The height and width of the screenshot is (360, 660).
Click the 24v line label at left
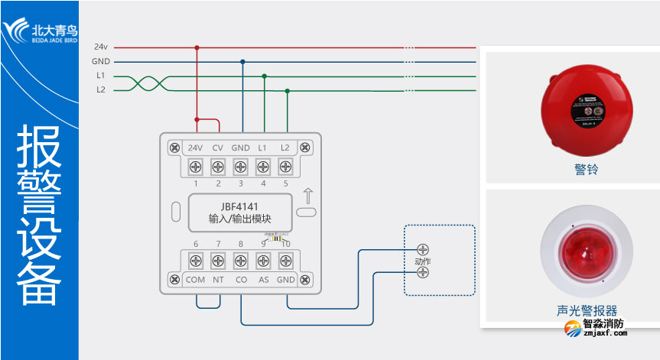[x=100, y=47]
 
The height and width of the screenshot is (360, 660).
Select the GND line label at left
[x=100, y=61]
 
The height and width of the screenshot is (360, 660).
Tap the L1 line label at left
[x=100, y=76]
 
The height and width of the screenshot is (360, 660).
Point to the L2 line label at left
[x=100, y=90]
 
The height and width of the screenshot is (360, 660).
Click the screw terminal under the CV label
[x=218, y=167]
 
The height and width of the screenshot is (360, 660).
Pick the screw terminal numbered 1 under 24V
[x=195, y=167]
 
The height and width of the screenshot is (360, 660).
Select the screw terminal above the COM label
[x=196, y=261]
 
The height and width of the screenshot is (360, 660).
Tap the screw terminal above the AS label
[x=264, y=261]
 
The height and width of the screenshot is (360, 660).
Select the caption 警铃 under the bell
[x=586, y=170]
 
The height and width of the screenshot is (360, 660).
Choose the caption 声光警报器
[x=587, y=310]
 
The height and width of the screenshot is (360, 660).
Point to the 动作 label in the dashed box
[x=422, y=262]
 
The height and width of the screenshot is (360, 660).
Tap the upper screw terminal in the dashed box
[x=422, y=249]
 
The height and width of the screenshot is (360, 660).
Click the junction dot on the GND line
[x=242, y=62]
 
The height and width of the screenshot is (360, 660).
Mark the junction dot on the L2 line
[x=288, y=90]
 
